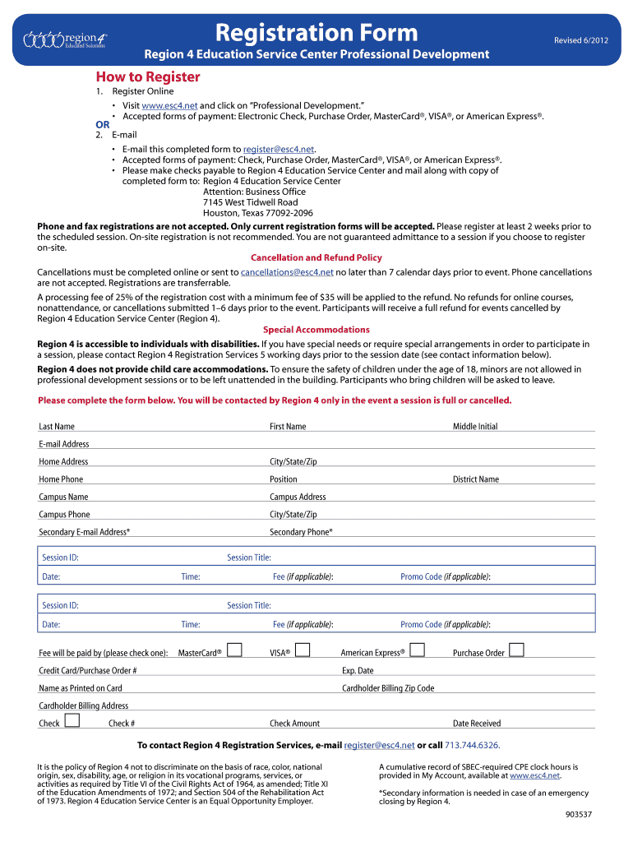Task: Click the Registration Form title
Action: pyautogui.click(x=316, y=34)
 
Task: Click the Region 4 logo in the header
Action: pyautogui.click(x=65, y=39)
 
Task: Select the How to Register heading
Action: pyautogui.click(x=148, y=77)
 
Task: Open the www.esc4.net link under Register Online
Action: pyautogui.click(x=169, y=106)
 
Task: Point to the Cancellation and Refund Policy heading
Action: pyautogui.click(x=316, y=257)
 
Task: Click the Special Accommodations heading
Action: pyautogui.click(x=316, y=330)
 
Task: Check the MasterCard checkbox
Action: pyautogui.click(x=234, y=650)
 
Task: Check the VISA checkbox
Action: pyautogui.click(x=302, y=650)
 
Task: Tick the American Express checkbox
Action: pyautogui.click(x=417, y=650)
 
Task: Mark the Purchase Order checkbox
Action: pyautogui.click(x=516, y=650)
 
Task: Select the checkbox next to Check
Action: pyautogui.click(x=72, y=721)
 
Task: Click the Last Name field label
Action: pyautogui.click(x=57, y=427)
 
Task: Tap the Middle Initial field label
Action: pyautogui.click(x=475, y=427)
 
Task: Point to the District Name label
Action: pyautogui.click(x=476, y=479)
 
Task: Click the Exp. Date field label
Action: pyautogui.click(x=358, y=671)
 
